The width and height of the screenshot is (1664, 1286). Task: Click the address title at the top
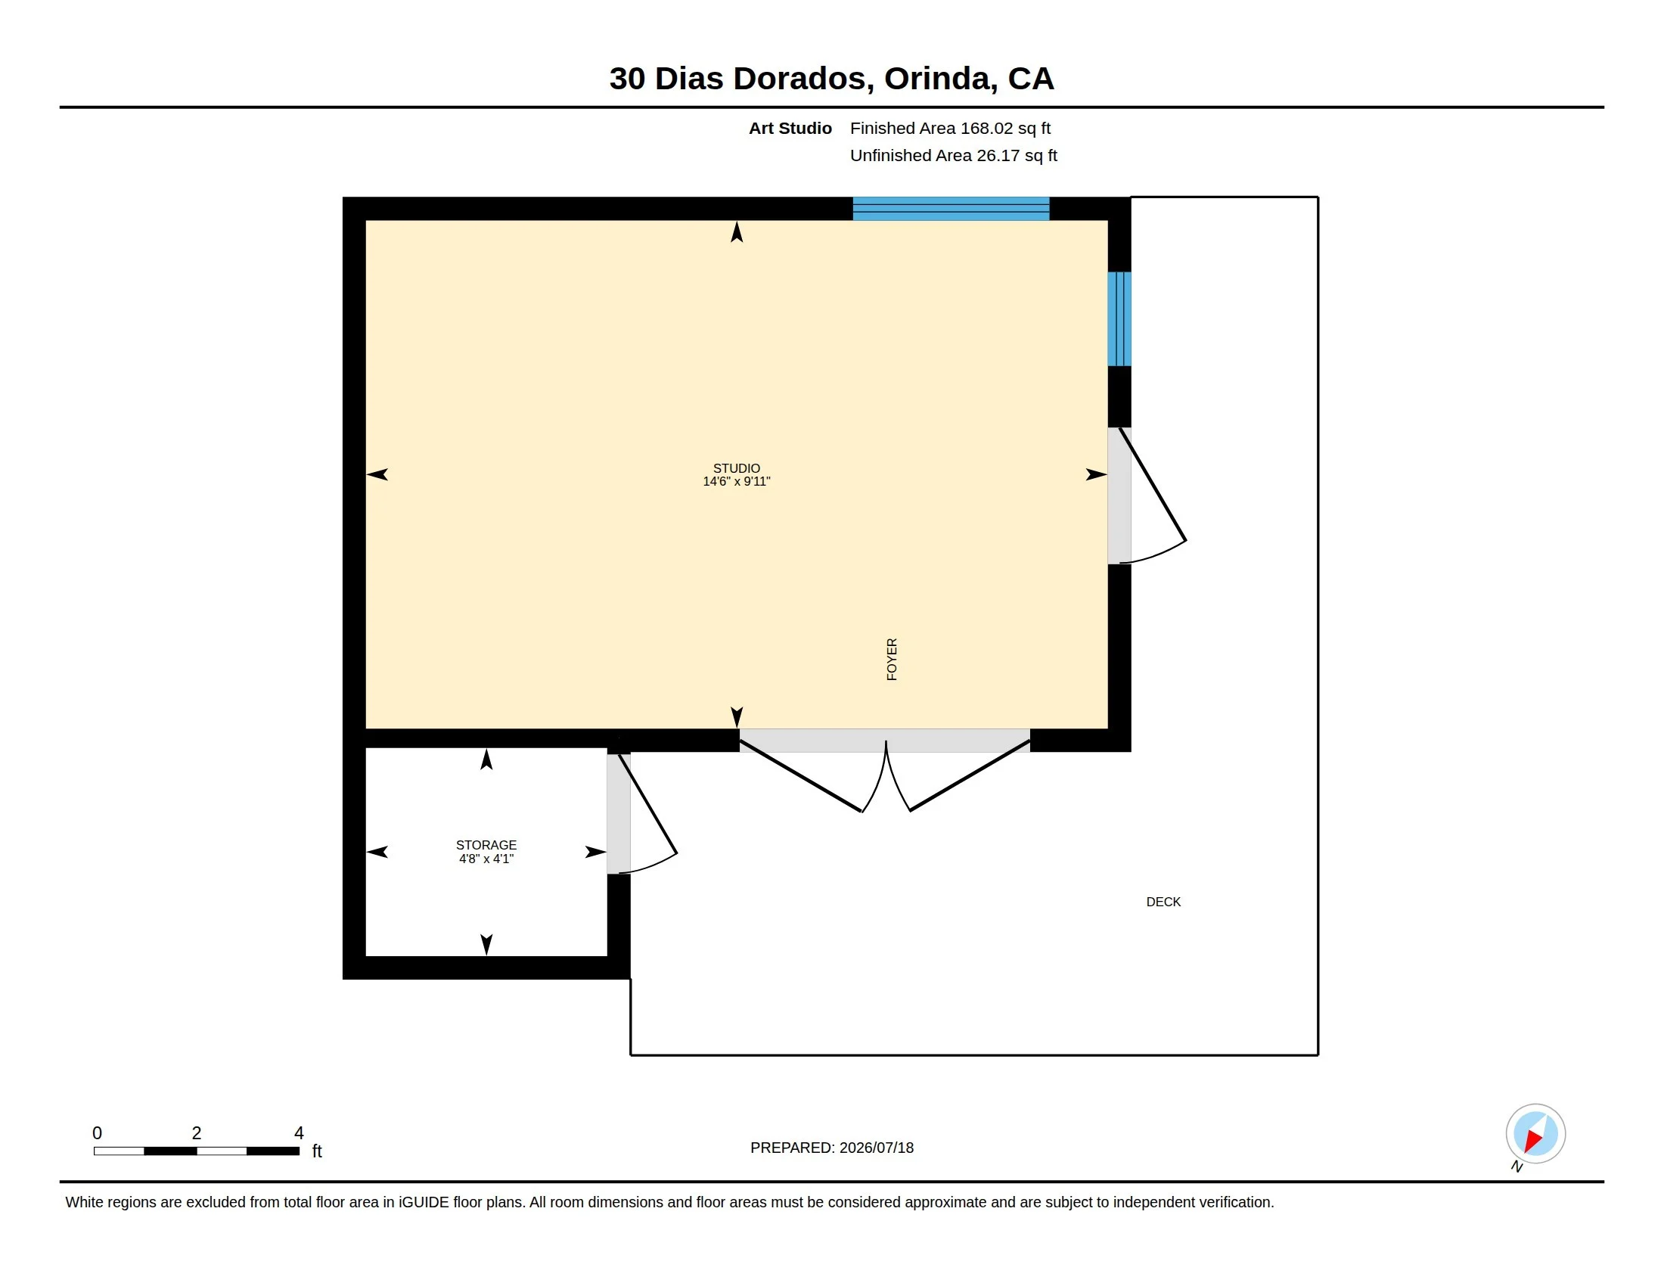[831, 79]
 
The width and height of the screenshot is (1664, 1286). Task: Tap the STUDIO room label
[736, 467]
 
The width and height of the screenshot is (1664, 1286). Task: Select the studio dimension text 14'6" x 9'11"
[736, 481]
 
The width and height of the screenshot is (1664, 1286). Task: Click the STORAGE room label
[486, 845]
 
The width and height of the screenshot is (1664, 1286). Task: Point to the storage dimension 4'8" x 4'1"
[486, 859]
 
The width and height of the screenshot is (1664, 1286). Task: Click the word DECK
[1163, 902]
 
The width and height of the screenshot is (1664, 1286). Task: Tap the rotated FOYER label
[893, 659]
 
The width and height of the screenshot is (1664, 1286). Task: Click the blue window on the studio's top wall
[951, 209]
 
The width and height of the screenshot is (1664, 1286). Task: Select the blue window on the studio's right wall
[1119, 319]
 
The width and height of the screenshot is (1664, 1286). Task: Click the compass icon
[1535, 1134]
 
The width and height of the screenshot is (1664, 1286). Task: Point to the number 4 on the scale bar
[299, 1133]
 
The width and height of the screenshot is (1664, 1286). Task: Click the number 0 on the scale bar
[97, 1133]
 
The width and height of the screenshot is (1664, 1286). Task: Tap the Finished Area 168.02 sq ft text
[950, 128]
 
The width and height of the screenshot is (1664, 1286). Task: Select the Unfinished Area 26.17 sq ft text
[953, 155]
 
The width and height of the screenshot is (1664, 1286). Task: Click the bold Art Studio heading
[790, 128]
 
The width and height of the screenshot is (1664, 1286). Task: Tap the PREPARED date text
[832, 1148]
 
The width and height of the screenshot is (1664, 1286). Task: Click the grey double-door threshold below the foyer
[885, 741]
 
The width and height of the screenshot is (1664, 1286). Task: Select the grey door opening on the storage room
[619, 814]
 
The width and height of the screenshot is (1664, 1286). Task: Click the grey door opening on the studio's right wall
[1119, 496]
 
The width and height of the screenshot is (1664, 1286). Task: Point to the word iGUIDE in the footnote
[424, 1202]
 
